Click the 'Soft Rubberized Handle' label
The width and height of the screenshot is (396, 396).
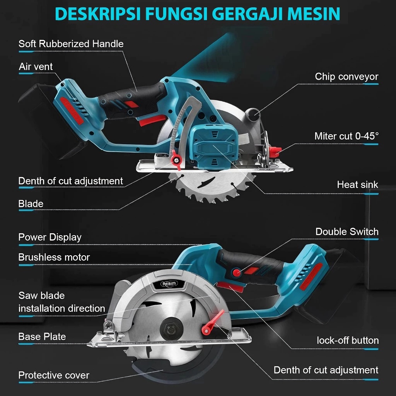pos(71,44)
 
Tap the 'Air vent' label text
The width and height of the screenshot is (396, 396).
pos(36,67)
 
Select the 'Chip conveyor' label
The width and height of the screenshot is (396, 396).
pos(346,77)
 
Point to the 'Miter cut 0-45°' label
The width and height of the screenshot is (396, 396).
pos(346,136)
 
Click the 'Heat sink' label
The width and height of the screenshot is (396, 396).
pos(357,184)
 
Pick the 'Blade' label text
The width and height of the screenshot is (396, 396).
pos(31,204)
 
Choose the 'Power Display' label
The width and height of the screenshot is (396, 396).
pos(50,237)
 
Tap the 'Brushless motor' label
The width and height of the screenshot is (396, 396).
pos(54,257)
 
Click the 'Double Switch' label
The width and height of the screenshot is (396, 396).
pos(346,232)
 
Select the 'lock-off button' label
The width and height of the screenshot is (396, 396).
pos(347,340)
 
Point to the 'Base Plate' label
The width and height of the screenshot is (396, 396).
pos(42,336)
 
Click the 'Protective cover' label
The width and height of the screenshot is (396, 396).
pos(54,375)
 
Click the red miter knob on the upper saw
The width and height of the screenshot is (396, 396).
pos(275,152)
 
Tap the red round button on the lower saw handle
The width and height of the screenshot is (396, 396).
pos(236,273)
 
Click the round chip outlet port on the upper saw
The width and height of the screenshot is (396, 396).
pos(253,113)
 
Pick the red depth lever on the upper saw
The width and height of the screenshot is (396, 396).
pos(178,161)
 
